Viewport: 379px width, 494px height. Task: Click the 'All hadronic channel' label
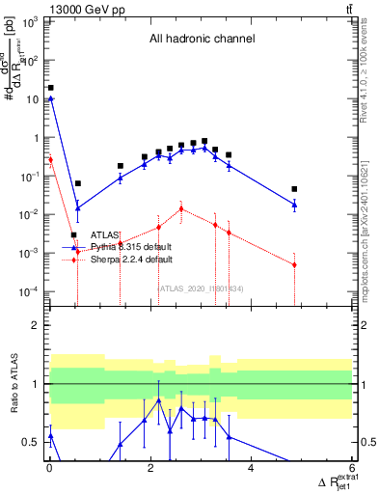coord(201,40)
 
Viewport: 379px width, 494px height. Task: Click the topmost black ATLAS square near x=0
coord(51,87)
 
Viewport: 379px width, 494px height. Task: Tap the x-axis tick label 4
coord(251,469)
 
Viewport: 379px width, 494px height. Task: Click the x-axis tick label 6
coord(352,469)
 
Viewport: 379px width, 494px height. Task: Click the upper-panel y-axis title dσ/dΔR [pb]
coord(16,68)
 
